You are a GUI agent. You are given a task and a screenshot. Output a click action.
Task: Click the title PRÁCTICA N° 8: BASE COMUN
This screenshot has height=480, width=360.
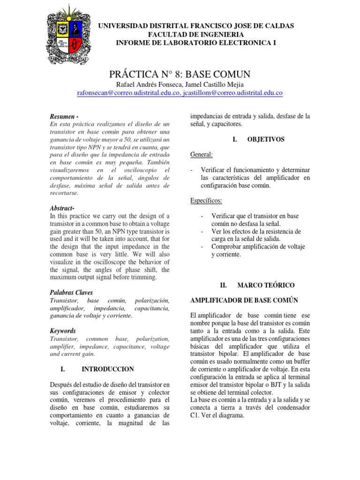180,74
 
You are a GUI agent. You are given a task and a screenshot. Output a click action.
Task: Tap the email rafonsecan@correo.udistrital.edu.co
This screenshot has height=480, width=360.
129,93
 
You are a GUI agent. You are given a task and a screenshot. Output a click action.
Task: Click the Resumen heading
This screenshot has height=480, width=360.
64,116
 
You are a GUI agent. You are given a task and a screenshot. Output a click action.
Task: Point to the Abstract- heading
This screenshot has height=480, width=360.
62,208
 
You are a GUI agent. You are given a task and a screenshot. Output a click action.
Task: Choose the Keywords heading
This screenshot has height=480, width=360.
62,330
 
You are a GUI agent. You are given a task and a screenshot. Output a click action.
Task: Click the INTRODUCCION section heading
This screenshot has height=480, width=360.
107,369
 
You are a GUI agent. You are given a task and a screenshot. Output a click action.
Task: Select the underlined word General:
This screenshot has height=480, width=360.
202,155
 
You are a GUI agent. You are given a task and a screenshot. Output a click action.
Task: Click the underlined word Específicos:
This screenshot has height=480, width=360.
206,201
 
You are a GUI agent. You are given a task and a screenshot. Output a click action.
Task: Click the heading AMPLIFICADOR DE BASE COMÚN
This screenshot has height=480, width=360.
244,300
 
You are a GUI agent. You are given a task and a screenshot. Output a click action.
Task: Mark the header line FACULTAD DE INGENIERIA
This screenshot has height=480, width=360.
195,35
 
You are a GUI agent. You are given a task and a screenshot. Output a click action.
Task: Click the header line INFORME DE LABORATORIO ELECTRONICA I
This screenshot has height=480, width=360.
195,43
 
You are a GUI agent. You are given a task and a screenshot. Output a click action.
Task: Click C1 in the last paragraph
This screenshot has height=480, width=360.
195,415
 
